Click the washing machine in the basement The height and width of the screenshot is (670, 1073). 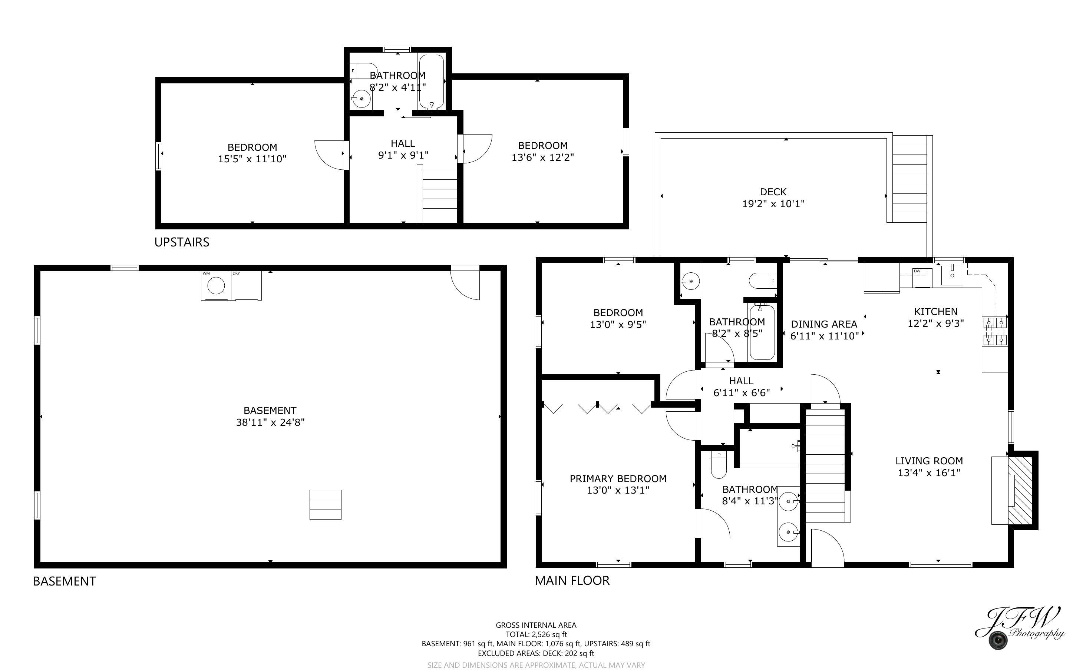(216, 286)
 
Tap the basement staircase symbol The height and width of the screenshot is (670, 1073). (325, 504)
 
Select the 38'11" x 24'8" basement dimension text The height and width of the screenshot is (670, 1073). (270, 422)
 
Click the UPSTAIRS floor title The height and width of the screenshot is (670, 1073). (182, 242)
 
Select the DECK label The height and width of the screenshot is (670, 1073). (773, 192)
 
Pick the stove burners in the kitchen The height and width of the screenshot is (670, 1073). (995, 331)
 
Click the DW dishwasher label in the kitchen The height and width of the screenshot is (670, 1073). (917, 271)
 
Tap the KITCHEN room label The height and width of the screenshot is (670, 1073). (935, 312)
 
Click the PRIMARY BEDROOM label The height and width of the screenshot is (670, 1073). (618, 478)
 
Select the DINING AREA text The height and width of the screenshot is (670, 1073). (824, 324)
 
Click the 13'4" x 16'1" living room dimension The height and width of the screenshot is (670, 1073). (929, 472)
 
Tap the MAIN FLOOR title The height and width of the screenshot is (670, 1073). (572, 580)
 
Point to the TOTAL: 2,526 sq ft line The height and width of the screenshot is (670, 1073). (536, 634)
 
